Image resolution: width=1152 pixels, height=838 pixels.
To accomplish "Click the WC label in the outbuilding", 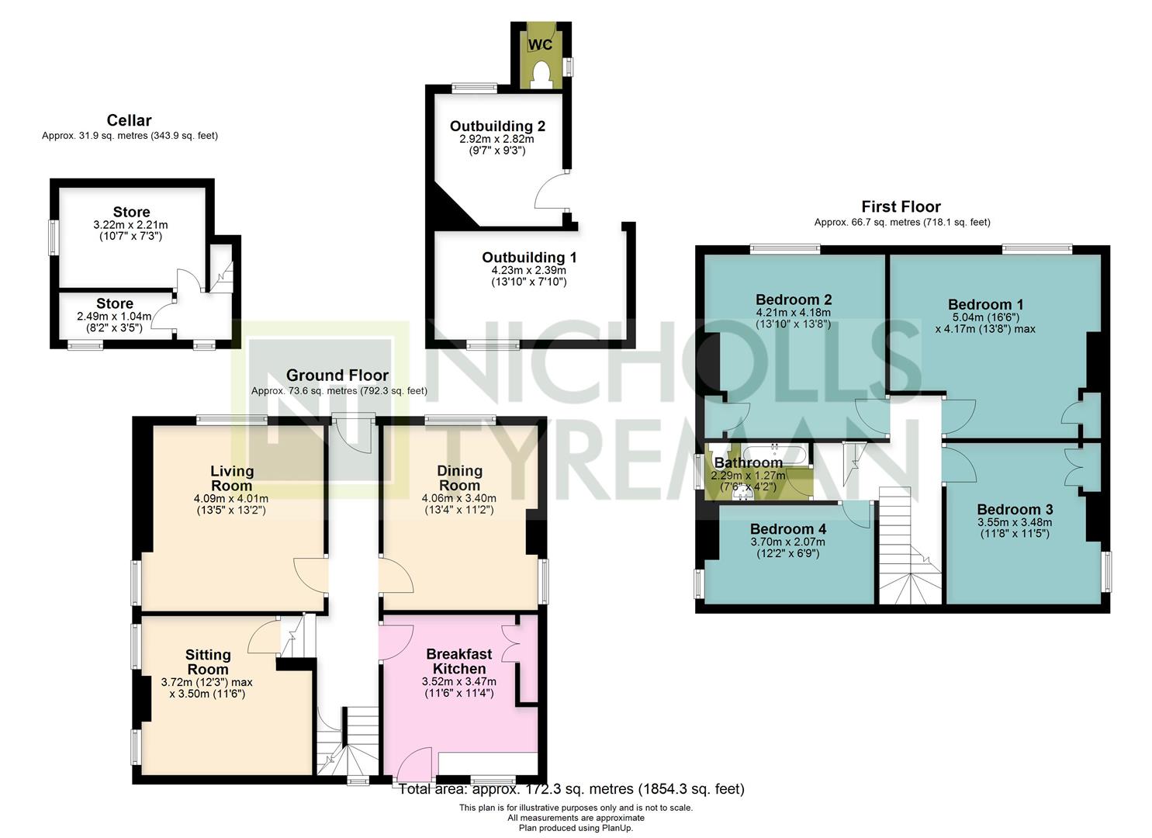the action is [540, 45].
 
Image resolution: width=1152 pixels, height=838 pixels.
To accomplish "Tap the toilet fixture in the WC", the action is [540, 74].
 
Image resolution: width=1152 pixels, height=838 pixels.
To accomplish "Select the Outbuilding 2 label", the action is [497, 126].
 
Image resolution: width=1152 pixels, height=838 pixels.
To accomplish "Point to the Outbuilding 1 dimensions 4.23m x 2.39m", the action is [529, 271].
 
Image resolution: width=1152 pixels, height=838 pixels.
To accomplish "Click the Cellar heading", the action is [129, 120].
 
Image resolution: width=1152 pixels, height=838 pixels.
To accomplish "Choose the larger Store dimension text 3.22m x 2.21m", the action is [130, 225].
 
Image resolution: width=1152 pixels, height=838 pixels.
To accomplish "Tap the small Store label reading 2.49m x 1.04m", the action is [114, 317].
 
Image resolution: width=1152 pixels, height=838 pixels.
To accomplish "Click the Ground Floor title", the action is [337, 375].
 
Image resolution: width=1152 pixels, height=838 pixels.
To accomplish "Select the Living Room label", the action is [232, 478].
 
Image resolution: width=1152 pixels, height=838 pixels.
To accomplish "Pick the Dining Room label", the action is [459, 478].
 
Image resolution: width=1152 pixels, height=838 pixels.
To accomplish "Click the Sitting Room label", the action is [208, 662].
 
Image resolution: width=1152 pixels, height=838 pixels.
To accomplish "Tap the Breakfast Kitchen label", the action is [459, 661].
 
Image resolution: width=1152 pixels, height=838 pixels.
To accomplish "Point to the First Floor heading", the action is [901, 207].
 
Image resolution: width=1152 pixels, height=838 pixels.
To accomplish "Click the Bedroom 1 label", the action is [986, 304].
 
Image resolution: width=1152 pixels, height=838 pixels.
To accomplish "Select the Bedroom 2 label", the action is [794, 300].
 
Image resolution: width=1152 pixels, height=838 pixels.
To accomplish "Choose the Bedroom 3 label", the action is [1015, 509].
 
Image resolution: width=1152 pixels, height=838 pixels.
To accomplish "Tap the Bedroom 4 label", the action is [788, 529].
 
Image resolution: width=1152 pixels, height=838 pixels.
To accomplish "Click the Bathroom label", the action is [749, 462].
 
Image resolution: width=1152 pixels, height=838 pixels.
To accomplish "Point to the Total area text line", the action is [572, 788].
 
